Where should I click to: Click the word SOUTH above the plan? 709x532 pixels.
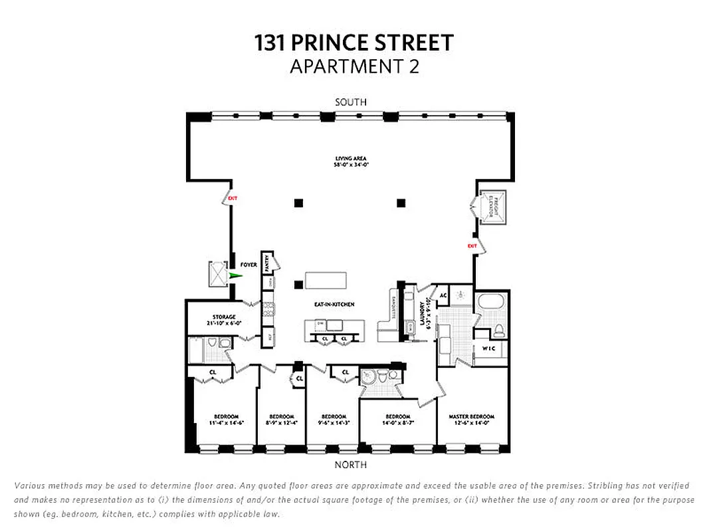pos(351,102)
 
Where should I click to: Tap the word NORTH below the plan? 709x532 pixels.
pos(351,465)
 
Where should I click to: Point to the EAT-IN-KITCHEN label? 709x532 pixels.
pos(334,304)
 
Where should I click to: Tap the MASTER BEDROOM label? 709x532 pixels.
pos(471,416)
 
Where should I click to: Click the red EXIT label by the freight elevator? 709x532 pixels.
pos(472,246)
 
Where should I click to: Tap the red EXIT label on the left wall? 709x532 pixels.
pos(233,198)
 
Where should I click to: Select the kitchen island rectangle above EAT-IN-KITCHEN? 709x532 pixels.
pos(326,280)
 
